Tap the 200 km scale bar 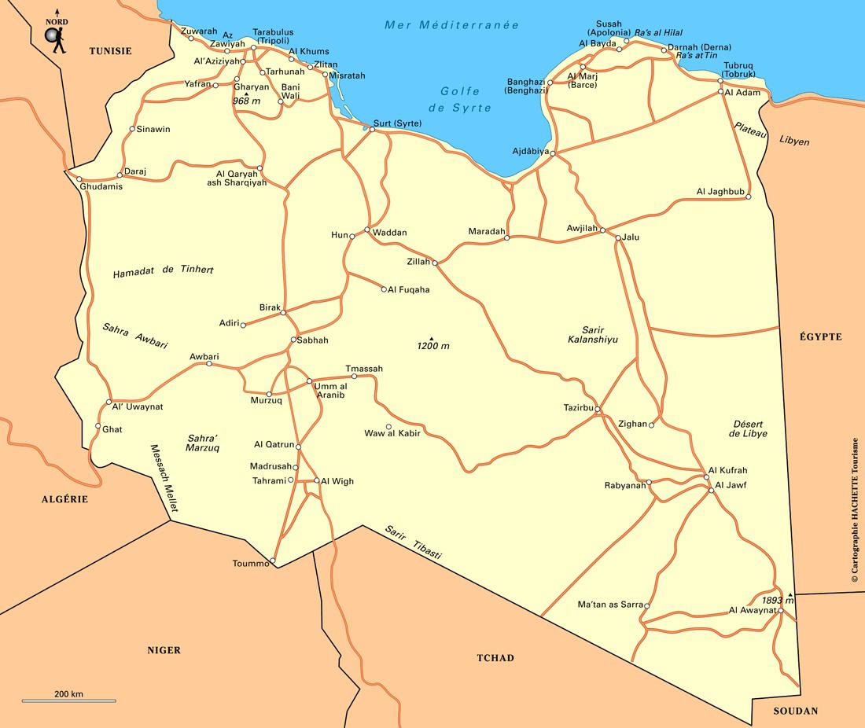[68, 700]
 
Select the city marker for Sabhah [293, 340]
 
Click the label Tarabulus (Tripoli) [273, 37]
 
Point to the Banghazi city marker [550, 83]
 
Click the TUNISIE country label [110, 51]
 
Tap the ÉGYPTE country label [821, 336]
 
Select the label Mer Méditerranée [451, 25]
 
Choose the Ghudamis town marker [79, 179]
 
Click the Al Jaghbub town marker [748, 197]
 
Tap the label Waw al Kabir [392, 433]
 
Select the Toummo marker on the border [272, 561]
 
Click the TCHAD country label [495, 658]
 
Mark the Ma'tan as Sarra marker [646, 605]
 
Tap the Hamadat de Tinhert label [164, 270]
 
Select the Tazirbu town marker [598, 410]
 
